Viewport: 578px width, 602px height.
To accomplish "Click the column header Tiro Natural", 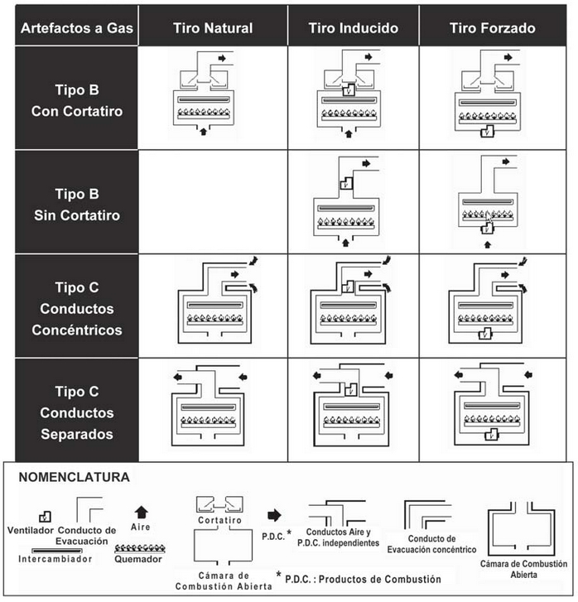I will tap(213, 28).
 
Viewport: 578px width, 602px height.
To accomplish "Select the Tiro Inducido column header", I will tap(354, 28).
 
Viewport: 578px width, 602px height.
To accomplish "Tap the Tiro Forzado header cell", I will tap(492, 28).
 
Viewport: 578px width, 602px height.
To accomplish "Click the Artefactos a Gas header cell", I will tap(77, 28).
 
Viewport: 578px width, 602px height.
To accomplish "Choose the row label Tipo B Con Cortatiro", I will tap(76, 99).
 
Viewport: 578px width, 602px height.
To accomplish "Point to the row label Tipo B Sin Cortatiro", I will tap(76, 205).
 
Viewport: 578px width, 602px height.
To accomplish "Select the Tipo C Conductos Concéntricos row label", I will tap(76, 309).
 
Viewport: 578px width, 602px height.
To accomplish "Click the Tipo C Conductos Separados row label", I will tap(76, 412).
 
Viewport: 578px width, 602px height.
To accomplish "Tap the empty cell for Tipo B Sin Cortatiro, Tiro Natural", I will tap(213, 203).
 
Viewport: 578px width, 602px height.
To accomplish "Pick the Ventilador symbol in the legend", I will tap(34, 516).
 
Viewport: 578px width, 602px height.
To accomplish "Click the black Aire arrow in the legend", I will tap(140, 512).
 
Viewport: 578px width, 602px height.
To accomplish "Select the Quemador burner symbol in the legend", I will tap(140, 548).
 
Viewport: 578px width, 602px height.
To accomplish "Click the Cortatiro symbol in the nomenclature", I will tap(219, 504).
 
